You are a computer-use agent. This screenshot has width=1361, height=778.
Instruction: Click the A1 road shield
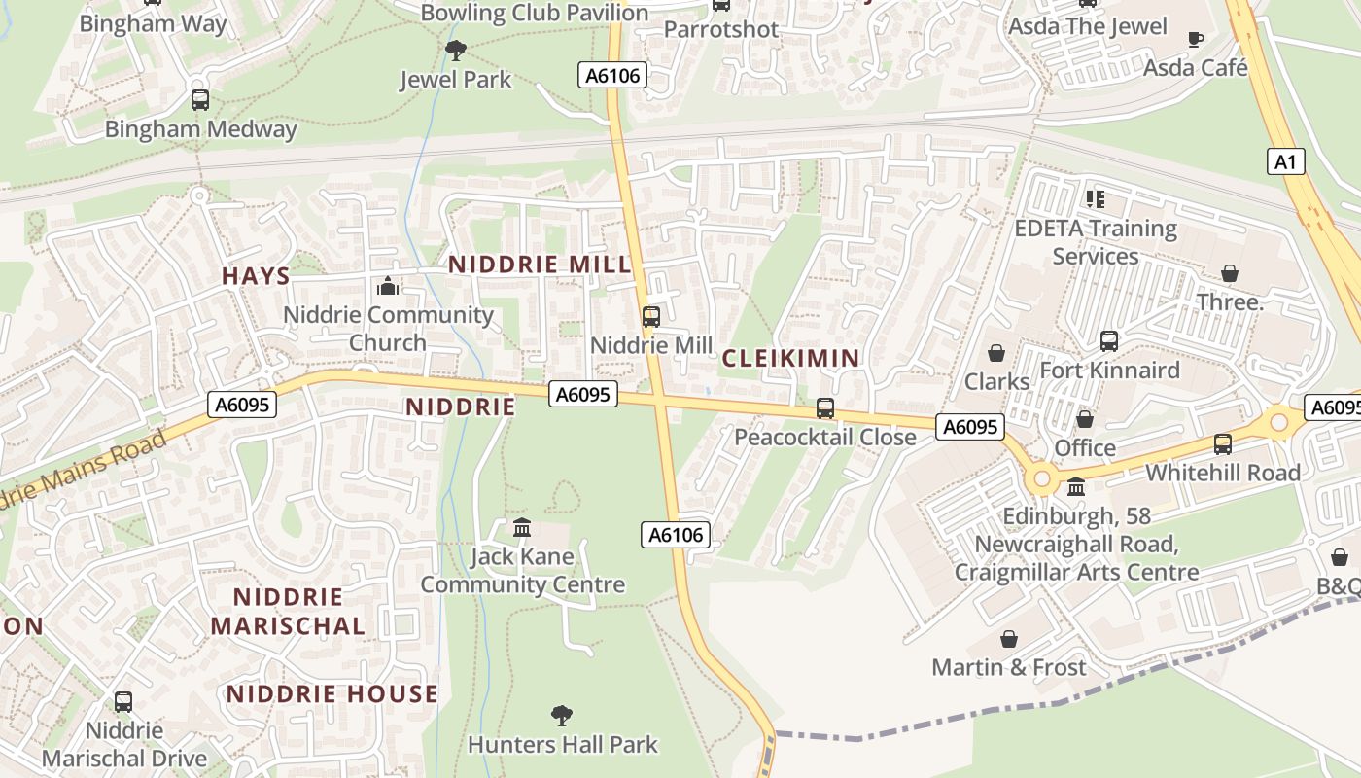(x=1285, y=161)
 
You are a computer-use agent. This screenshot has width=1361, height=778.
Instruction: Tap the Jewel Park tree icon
(x=455, y=50)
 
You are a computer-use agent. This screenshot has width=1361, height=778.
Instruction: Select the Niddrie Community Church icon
(x=388, y=286)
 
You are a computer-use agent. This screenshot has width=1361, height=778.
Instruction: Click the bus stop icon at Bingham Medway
(x=200, y=99)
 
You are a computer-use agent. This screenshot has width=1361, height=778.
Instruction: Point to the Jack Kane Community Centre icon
(x=522, y=528)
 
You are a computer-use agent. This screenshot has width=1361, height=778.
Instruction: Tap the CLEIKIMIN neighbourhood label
(x=790, y=358)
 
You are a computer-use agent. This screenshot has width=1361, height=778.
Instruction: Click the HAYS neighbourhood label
(x=256, y=276)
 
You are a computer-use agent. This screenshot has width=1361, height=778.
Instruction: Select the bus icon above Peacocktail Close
(x=825, y=408)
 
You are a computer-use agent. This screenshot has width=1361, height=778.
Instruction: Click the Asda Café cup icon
(x=1196, y=39)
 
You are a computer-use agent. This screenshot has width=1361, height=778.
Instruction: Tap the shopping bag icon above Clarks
(x=996, y=352)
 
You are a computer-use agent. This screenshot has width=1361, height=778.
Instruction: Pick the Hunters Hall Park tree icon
(x=561, y=717)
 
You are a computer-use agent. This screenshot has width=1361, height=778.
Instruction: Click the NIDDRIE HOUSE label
(x=332, y=694)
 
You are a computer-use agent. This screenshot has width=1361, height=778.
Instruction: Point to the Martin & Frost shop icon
(x=1009, y=639)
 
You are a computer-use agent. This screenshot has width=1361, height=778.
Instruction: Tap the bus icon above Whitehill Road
(x=1223, y=443)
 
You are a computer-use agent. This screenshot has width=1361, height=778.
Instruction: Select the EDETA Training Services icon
(x=1096, y=199)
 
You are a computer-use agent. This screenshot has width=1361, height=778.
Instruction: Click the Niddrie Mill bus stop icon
(x=651, y=316)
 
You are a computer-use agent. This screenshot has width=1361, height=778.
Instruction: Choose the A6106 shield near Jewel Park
(x=612, y=75)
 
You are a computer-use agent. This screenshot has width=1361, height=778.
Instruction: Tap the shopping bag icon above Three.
(x=1230, y=273)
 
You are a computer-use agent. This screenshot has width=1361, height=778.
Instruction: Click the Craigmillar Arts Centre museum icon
(x=1076, y=486)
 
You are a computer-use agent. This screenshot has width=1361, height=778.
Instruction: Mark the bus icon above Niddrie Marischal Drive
(x=123, y=701)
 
